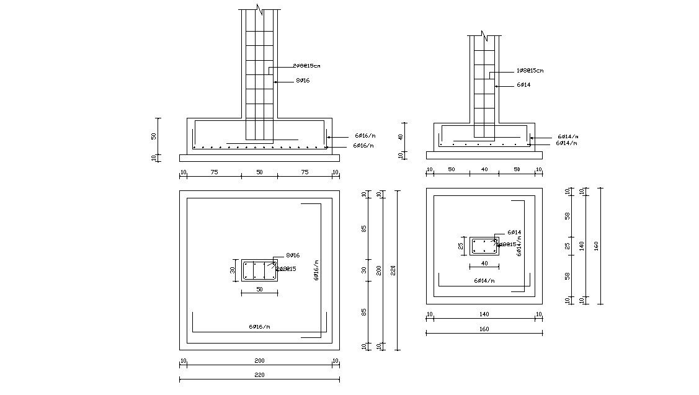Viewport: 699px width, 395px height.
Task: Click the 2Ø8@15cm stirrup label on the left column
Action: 306,66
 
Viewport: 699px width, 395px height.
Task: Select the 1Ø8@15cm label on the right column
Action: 530,71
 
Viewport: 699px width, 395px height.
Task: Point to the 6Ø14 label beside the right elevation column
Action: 523,85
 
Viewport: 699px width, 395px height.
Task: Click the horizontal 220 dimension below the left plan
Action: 259,375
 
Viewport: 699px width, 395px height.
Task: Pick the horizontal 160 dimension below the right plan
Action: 484,329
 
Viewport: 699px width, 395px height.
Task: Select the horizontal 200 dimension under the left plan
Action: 259,360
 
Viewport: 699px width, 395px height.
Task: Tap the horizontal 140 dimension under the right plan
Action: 484,314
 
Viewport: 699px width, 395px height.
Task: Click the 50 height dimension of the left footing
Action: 154,136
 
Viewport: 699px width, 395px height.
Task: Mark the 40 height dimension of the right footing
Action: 401,136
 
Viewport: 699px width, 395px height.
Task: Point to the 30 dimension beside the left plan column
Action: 233,270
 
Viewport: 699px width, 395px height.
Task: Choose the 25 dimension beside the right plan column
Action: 461,246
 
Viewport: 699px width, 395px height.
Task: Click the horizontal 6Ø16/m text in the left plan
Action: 259,326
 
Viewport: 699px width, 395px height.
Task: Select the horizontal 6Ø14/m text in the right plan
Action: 484,281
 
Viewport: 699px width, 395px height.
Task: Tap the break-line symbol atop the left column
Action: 259,11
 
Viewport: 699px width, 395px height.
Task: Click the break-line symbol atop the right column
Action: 484,35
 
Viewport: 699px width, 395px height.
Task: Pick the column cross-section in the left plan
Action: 259,270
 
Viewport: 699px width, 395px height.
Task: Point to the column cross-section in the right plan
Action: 484,246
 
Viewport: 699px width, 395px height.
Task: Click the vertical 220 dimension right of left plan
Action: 393,270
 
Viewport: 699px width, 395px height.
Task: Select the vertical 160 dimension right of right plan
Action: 596,246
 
